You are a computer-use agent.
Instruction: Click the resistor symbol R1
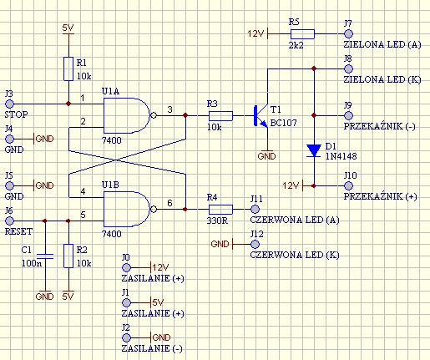(x=68, y=68)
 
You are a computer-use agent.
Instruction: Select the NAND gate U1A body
(x=127, y=115)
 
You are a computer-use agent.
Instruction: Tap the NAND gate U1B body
(x=127, y=209)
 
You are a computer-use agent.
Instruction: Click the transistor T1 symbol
(x=261, y=115)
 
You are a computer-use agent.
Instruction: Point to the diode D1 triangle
(x=314, y=150)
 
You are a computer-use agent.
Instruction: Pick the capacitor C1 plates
(x=45, y=256)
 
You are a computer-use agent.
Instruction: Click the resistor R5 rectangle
(x=302, y=34)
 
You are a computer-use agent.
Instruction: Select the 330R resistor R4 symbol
(x=220, y=209)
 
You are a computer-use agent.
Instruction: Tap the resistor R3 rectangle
(x=220, y=115)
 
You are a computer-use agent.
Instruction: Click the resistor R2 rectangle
(x=68, y=256)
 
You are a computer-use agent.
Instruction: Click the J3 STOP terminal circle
(x=10, y=104)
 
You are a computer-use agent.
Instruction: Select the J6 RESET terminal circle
(x=10, y=221)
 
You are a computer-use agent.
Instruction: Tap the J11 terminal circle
(x=255, y=209)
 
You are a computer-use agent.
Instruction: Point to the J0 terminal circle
(x=127, y=267)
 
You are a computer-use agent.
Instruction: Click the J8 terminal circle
(x=348, y=68)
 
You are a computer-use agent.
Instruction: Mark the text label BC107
(x=284, y=123)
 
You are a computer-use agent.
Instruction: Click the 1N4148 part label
(x=341, y=156)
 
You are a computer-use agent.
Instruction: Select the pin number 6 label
(x=169, y=203)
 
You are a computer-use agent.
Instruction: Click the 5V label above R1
(x=68, y=28)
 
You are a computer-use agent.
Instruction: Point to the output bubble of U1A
(x=153, y=115)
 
